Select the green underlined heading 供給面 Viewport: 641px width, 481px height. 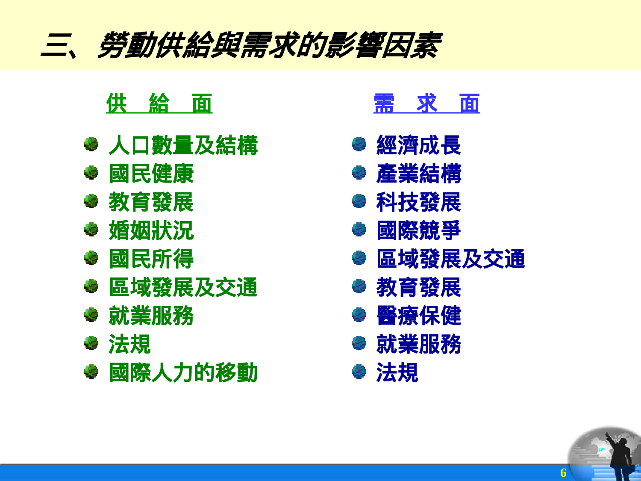pyautogui.click(x=159, y=104)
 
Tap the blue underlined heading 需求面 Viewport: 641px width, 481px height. pyautogui.click(x=426, y=104)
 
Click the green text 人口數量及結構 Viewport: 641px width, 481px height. pyautogui.click(x=183, y=145)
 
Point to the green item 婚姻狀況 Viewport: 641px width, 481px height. pyautogui.click(x=151, y=231)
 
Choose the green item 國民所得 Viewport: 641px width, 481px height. pyautogui.click(x=151, y=259)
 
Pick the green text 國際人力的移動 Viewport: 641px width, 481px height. pyautogui.click(x=183, y=373)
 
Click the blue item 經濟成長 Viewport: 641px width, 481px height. pyautogui.click(x=418, y=145)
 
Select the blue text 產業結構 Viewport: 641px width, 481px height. pyautogui.click(x=418, y=174)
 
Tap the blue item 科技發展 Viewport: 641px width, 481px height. pyautogui.click(x=418, y=202)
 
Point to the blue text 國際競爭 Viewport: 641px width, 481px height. pyautogui.click(x=418, y=231)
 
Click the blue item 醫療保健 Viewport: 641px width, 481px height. pyautogui.click(x=418, y=316)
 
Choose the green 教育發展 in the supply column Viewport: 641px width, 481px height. pyautogui.click(x=151, y=202)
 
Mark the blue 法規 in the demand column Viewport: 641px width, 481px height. pyautogui.click(x=397, y=373)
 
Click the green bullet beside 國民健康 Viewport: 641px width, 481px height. pyautogui.click(x=91, y=173)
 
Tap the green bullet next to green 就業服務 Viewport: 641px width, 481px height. pyautogui.click(x=91, y=315)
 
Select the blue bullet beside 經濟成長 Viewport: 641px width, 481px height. pyautogui.click(x=359, y=145)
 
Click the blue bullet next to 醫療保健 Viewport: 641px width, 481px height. pyautogui.click(x=359, y=315)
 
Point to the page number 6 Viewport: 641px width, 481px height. pyautogui.click(x=563, y=472)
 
